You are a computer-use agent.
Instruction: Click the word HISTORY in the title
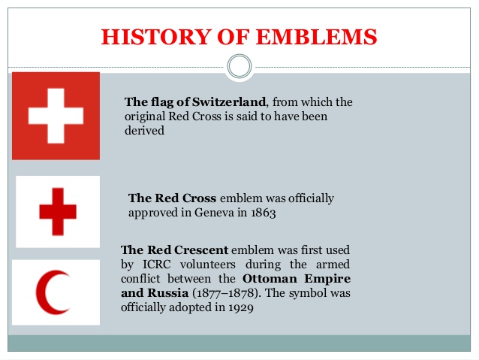coord(156,37)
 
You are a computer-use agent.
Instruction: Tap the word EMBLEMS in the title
coord(317,37)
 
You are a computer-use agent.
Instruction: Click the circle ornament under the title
coord(239,66)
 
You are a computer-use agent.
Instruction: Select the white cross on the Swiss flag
coord(56,116)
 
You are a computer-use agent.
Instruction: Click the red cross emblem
coord(58,212)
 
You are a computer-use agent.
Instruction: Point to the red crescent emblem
coord(46,292)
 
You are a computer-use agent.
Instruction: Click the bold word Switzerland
coord(229,102)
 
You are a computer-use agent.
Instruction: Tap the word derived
coord(144,131)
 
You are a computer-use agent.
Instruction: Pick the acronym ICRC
coord(157,265)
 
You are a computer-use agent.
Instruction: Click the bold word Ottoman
coord(270,279)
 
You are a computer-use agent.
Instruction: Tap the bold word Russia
coord(167,293)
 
